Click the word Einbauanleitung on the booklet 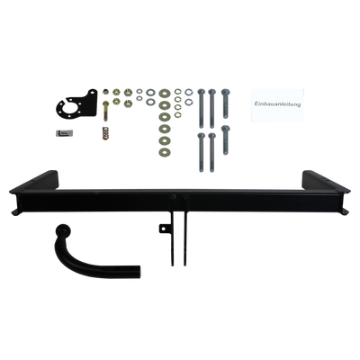tap(277, 104)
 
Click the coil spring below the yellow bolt tap(105, 133)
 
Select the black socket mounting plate tap(77, 104)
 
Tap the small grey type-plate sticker tap(64, 133)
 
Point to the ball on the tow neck tap(64, 231)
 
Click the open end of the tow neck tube tap(138, 272)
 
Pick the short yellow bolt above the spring tap(105, 111)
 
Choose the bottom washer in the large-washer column tap(165, 152)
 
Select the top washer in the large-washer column tap(165, 94)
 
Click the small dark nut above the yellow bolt tap(105, 92)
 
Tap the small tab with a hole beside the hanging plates tap(164, 229)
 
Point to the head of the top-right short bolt tap(225, 92)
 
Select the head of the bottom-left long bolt tap(201, 136)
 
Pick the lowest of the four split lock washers tap(178, 115)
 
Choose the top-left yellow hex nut tap(116, 93)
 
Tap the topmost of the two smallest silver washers tap(139, 91)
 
